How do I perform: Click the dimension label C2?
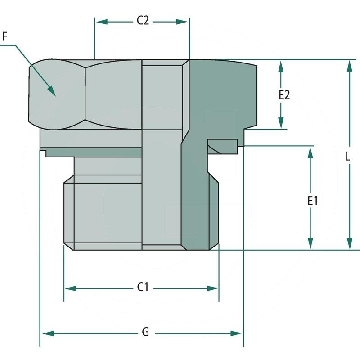(x=143, y=21)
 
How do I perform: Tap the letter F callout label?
(x=5, y=36)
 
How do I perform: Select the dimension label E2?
(x=284, y=95)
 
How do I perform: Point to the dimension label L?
(x=347, y=157)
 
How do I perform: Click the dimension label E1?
(x=313, y=201)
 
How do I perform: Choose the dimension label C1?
(x=143, y=287)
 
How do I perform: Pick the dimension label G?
(x=145, y=333)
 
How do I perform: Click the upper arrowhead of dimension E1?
(x=310, y=152)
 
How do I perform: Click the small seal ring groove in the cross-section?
(x=222, y=146)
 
